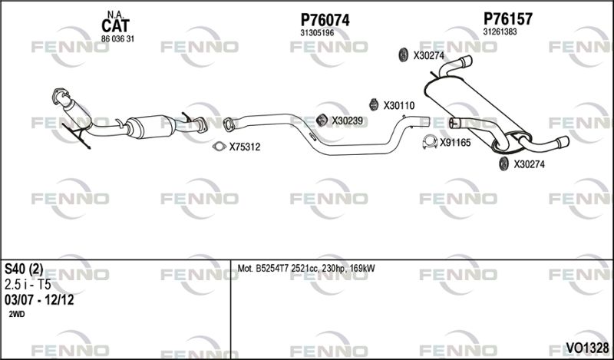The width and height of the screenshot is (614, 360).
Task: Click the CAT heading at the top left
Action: tap(115, 26)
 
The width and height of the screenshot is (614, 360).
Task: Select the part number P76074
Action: tap(325, 20)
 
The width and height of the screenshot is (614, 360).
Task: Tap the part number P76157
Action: tap(508, 18)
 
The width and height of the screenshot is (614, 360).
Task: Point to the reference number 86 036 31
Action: tap(117, 39)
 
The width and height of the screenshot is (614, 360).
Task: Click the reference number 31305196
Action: tap(317, 33)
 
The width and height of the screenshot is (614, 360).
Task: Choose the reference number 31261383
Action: tap(500, 31)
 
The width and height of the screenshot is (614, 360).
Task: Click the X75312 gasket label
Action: tap(245, 147)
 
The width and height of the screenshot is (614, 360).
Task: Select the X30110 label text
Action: tap(398, 106)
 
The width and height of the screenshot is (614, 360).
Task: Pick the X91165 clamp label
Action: tap(455, 143)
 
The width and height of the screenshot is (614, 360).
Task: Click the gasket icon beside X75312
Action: tap(220, 147)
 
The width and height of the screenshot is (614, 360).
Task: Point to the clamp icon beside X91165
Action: tap(430, 142)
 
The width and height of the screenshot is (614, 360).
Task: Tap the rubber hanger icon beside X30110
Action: tap(374, 104)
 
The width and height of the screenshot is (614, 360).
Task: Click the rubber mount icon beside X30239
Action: tap(322, 121)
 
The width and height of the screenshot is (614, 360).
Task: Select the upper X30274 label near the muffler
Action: tap(429, 56)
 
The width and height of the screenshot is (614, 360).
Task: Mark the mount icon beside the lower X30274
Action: tap(504, 163)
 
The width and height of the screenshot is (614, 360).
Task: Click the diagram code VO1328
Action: tap(587, 348)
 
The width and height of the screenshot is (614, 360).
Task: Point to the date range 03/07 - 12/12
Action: tap(39, 300)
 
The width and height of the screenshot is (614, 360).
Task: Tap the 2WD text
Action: tap(16, 314)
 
